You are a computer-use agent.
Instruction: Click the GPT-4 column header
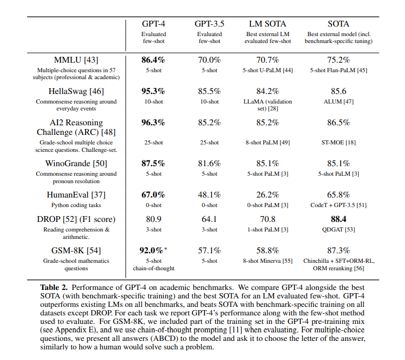pos(153,24)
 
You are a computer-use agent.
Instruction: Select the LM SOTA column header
pos(267,24)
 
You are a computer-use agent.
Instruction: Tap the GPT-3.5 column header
pos(209,24)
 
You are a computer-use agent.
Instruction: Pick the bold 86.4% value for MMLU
pos(153,60)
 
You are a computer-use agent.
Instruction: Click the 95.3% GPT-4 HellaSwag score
pos(153,91)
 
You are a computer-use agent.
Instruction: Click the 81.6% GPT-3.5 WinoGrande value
pos(209,164)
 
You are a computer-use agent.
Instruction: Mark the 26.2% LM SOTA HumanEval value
pos(267,195)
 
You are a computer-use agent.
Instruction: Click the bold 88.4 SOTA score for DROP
pos(339,219)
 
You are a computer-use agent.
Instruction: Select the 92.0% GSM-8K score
pos(152,251)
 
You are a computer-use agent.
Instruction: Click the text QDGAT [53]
pos(339,230)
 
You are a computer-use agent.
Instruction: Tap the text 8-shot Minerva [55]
pos(267,261)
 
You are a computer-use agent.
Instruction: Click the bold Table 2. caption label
pos(55,287)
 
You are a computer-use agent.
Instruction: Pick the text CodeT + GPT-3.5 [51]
pos(339,205)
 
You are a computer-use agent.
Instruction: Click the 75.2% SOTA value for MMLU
pos(339,60)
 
